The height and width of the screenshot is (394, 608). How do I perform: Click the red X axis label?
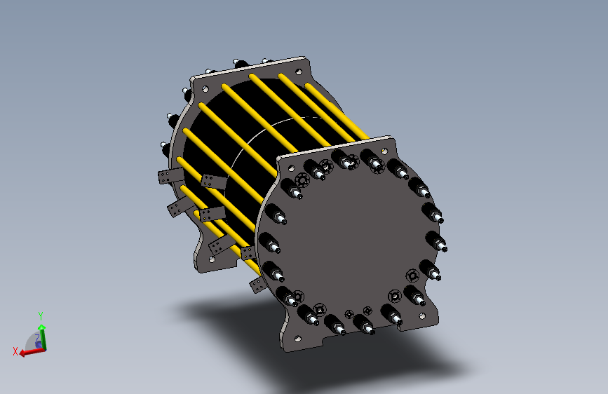(x=15, y=351)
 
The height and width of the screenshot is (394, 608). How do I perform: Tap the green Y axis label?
(x=41, y=315)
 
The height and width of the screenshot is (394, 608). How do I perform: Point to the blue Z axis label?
(x=38, y=339)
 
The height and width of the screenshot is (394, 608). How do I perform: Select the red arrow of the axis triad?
(x=32, y=352)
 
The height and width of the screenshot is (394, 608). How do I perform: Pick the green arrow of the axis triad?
(x=42, y=337)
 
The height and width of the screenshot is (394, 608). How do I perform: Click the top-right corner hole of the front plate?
(x=385, y=151)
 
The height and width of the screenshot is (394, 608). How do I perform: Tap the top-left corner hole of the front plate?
(x=291, y=168)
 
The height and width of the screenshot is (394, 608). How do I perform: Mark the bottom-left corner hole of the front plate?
(x=298, y=339)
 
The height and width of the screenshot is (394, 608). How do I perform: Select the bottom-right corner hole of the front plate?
(x=422, y=316)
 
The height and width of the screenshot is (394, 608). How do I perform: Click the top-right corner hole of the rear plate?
(x=299, y=72)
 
